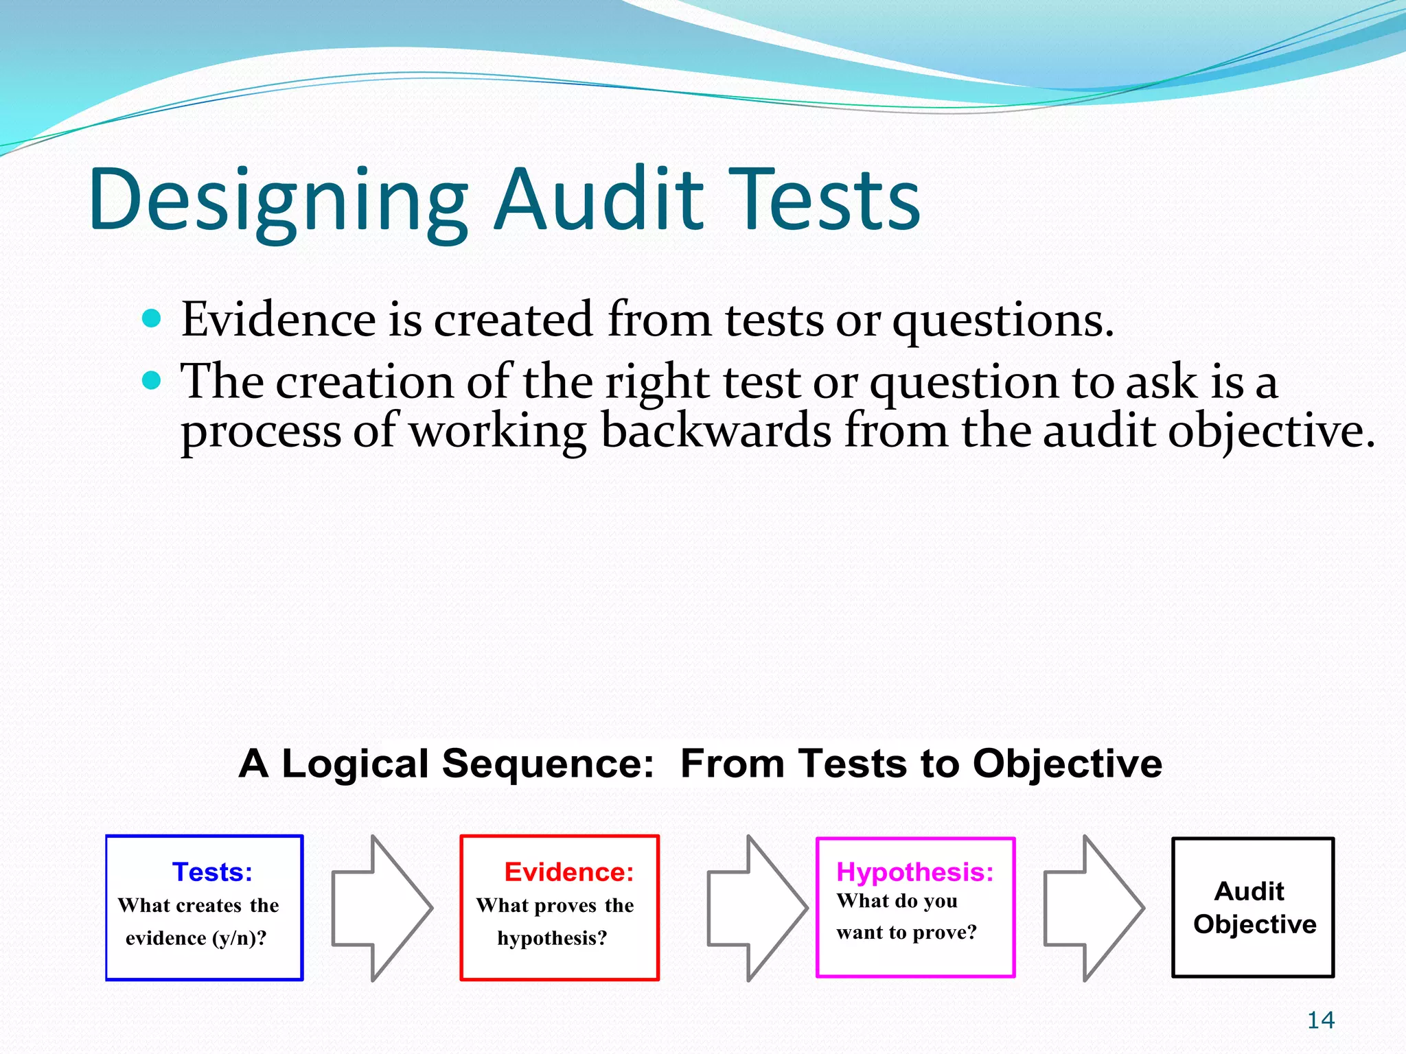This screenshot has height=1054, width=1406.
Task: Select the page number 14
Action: [1320, 1020]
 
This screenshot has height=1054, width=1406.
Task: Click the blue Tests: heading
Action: [212, 872]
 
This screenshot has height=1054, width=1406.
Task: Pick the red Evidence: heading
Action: [568, 872]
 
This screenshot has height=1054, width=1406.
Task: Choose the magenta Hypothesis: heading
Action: [914, 872]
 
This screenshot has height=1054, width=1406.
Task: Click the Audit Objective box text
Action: [1254, 907]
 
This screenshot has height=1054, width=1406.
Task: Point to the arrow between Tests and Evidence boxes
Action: [382, 908]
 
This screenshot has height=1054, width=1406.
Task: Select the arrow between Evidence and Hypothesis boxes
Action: [757, 908]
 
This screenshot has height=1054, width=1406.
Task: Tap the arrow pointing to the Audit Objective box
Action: [1093, 908]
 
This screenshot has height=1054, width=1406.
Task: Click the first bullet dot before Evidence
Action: [151, 319]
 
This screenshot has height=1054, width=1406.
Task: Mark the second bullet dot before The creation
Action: [151, 380]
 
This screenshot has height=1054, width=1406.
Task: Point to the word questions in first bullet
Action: [1002, 321]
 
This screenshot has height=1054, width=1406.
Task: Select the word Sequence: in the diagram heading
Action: [548, 764]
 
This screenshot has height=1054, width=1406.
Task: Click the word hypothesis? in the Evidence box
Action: [552, 938]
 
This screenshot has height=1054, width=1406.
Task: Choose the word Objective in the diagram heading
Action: [1067, 764]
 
